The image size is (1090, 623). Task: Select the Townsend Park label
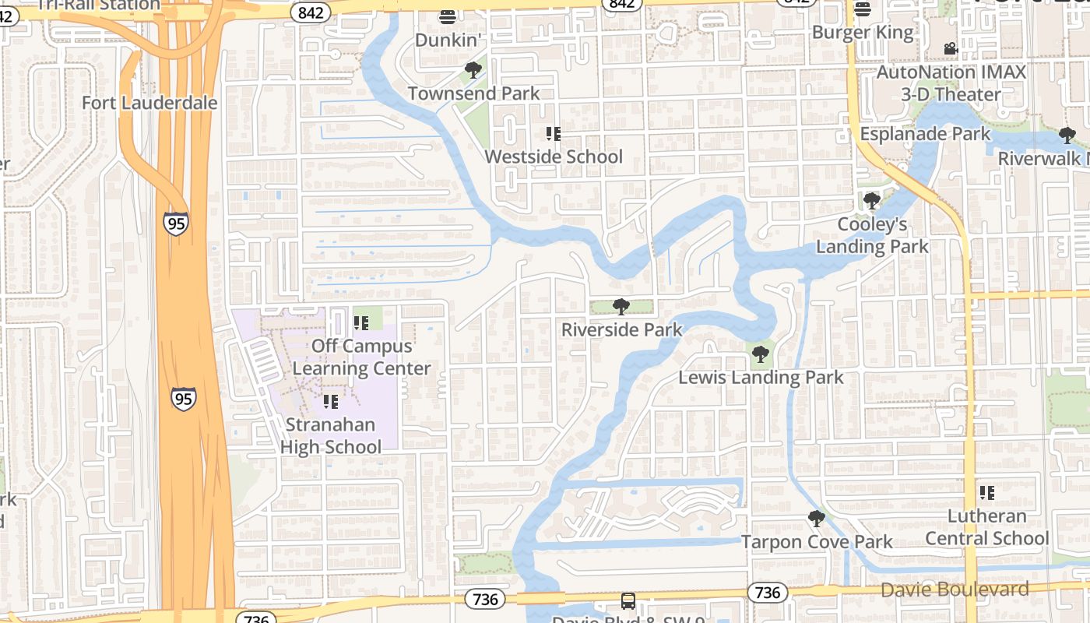tap(473, 93)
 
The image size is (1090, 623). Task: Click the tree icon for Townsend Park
tap(473, 71)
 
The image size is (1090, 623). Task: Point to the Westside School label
tap(554, 157)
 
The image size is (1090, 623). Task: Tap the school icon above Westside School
tap(553, 134)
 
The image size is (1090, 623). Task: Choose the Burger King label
tap(862, 32)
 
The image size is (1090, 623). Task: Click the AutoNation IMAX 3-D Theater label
tap(951, 83)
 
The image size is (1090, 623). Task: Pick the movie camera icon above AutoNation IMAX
tap(950, 49)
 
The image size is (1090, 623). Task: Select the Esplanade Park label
tap(925, 133)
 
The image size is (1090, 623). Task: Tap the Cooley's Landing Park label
tap(872, 235)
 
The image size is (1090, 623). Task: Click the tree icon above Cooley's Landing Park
tap(871, 201)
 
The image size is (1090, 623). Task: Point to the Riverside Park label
tap(621, 329)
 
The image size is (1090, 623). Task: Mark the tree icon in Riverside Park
tap(621, 307)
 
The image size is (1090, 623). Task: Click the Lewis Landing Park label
tap(761, 378)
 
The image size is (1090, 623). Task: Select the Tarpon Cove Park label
tap(816, 541)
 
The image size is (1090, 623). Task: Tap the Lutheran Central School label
tap(986, 527)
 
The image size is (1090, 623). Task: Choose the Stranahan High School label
tap(330, 436)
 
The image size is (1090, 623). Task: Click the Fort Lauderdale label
tap(149, 103)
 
